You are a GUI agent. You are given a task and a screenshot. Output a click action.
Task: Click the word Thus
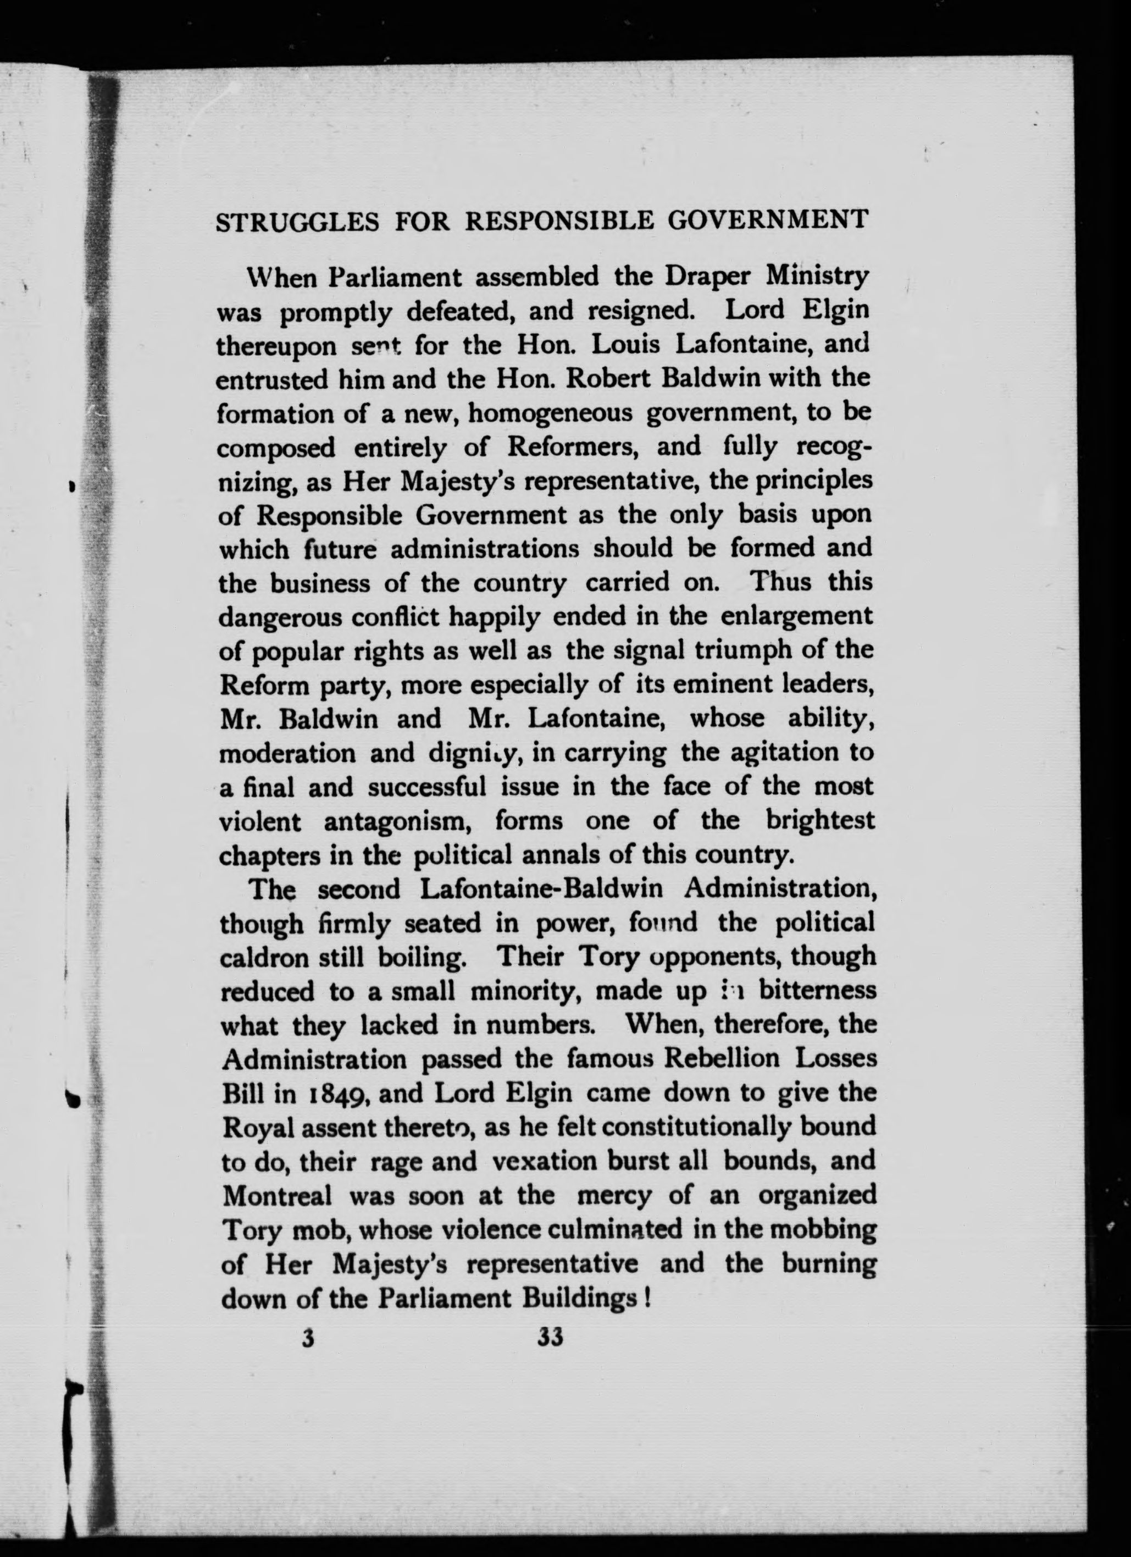pos(783,582)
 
